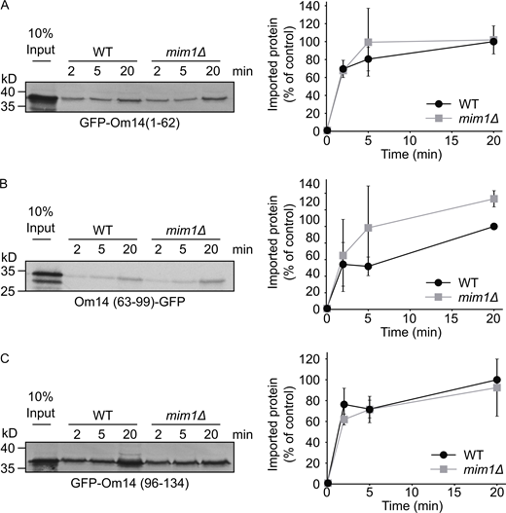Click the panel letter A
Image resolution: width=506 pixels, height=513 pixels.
[x=7, y=7]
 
